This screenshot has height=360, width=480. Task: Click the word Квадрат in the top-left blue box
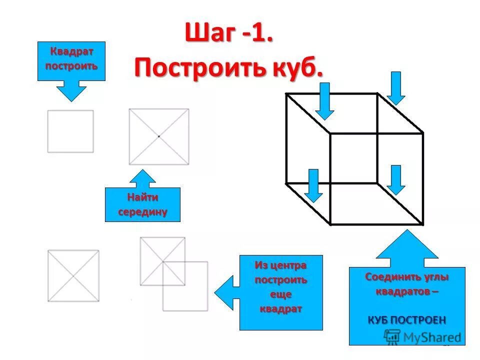[71, 52]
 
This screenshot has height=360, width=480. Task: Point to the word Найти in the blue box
[142, 198]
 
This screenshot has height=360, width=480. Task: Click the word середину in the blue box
[142, 211]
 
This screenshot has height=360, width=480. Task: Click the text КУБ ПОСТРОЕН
[406, 320]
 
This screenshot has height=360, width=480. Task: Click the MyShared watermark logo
[423, 337]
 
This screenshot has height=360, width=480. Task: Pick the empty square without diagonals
[70, 131]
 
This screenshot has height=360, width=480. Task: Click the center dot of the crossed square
[159, 136]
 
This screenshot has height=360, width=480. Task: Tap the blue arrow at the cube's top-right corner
[396, 88]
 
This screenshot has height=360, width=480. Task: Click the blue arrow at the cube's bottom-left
[313, 185]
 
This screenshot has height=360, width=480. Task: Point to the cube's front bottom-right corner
[423, 223]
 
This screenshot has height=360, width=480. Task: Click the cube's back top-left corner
[286, 93]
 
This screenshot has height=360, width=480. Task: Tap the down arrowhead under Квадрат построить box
[71, 92]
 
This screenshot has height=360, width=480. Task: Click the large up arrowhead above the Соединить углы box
[407, 248]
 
